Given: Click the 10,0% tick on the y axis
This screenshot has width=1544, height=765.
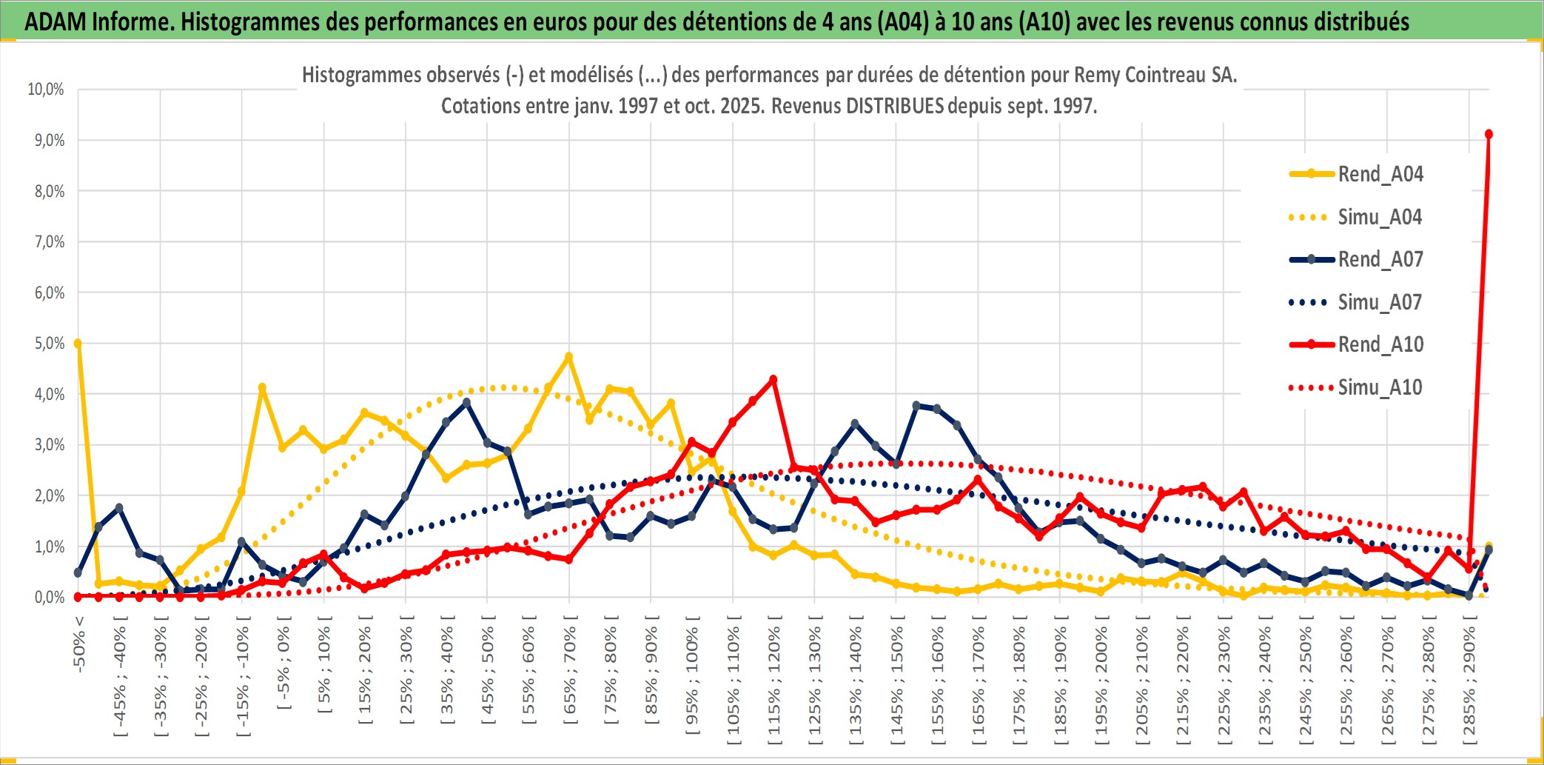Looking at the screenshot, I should click(x=46, y=90).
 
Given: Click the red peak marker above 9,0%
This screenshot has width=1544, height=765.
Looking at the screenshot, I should click(x=1488, y=134).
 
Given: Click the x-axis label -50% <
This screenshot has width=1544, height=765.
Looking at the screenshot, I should click(x=79, y=644).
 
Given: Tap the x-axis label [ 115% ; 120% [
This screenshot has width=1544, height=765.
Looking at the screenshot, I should click(x=774, y=681).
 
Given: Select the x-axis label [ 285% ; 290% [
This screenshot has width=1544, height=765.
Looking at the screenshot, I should click(x=1469, y=681).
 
